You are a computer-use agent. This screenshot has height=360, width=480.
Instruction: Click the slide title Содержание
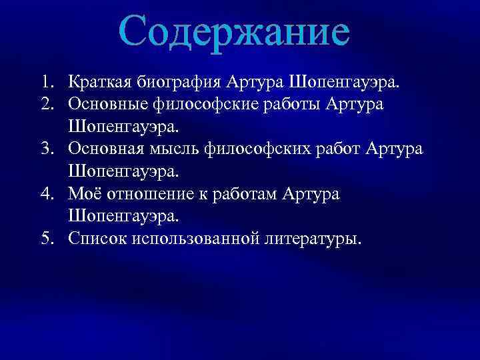pos(235,31)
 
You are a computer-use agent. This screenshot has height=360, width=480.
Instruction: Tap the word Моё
pos(83,194)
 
